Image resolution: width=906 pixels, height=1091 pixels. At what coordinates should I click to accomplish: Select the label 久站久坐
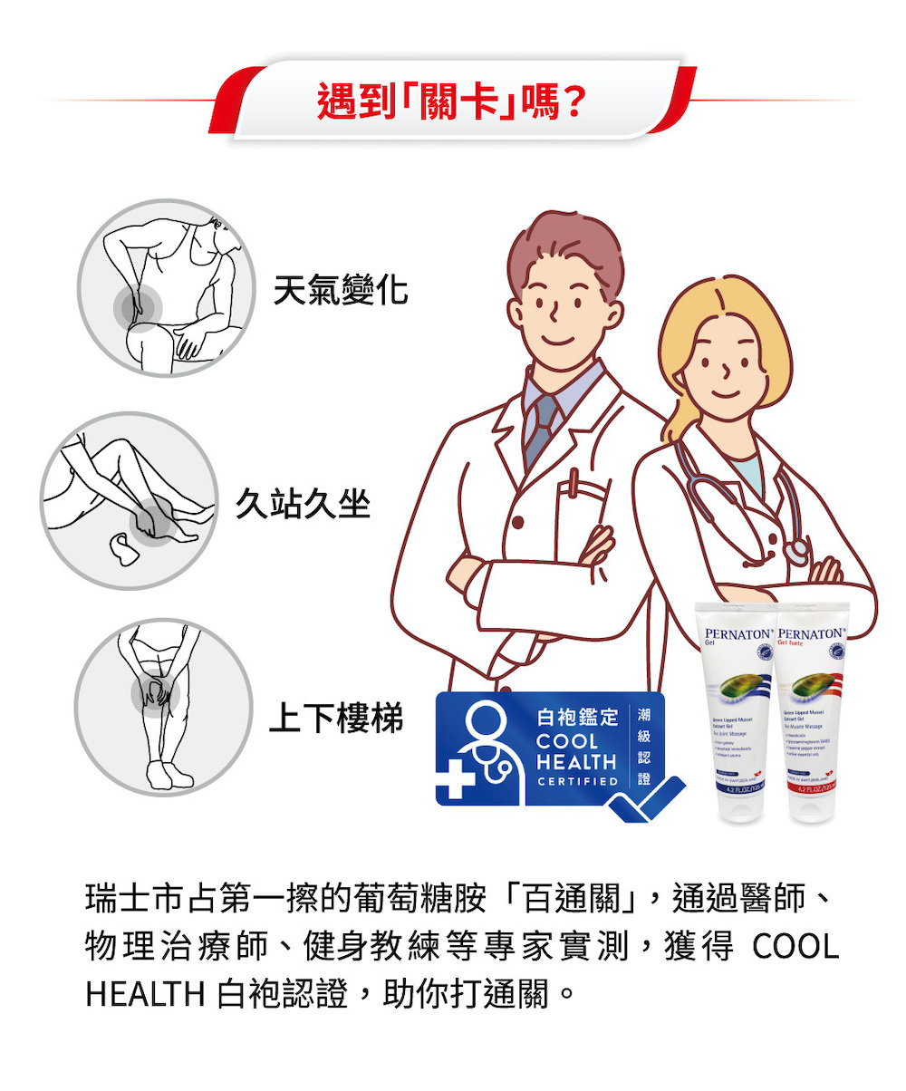tap(304, 503)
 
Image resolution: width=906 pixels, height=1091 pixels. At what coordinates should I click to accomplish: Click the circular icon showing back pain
tap(164, 288)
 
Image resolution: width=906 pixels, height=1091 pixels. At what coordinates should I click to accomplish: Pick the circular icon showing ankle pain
tap(129, 501)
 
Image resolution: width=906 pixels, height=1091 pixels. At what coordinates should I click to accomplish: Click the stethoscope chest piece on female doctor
tap(796, 550)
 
